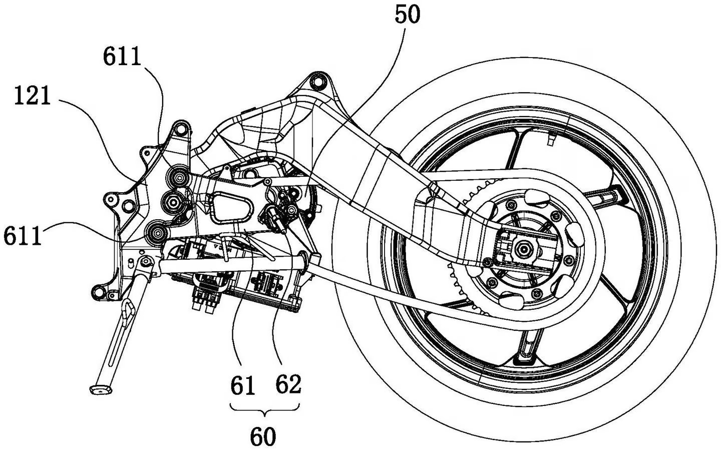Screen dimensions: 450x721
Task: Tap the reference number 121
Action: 33,96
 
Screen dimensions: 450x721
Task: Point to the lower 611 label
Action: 23,235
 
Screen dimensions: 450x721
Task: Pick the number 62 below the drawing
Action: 289,385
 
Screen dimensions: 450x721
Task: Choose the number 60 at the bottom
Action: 263,437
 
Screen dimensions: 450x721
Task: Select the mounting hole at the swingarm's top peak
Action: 316,80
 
